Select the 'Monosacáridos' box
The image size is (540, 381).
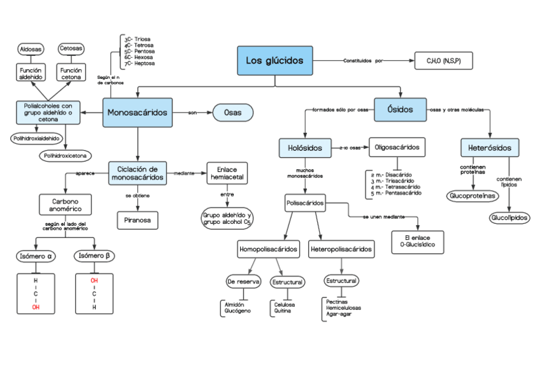pyautogui.click(x=138, y=113)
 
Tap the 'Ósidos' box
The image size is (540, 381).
pyautogui.click(x=401, y=109)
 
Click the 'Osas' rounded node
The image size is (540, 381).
pyautogui.click(x=232, y=113)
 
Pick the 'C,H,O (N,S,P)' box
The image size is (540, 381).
pyautogui.click(x=444, y=61)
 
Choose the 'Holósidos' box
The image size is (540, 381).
pyautogui.click(x=305, y=148)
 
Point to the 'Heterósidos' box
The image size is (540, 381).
pyautogui.click(x=489, y=148)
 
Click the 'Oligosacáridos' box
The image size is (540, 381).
pyautogui.click(x=397, y=148)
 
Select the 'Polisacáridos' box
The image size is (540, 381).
pyautogui.click(x=306, y=204)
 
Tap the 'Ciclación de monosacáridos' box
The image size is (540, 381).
pyautogui.click(x=138, y=173)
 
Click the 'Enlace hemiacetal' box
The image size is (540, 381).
pyautogui.click(x=227, y=173)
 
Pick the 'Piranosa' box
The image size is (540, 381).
pyautogui.click(x=138, y=219)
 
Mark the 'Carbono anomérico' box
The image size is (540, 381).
pyautogui.click(x=66, y=205)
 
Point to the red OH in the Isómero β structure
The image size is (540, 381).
pyautogui.click(x=94, y=281)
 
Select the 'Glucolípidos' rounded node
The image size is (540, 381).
pyautogui.click(x=509, y=218)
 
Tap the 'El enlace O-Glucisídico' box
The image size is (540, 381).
pyautogui.click(x=417, y=240)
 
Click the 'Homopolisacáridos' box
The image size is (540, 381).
pyautogui.click(x=268, y=249)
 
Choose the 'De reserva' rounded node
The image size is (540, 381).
pyautogui.click(x=243, y=281)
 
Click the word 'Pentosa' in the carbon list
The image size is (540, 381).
pyautogui.click(x=144, y=51)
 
